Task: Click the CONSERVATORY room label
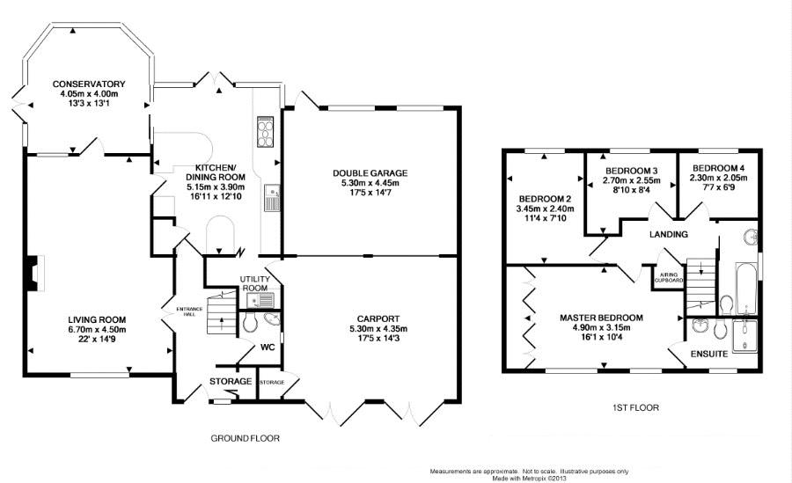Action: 89,84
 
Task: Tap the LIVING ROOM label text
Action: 97,320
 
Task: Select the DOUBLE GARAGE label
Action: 370,173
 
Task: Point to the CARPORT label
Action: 378,318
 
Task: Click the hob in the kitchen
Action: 265,131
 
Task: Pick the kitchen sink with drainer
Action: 272,197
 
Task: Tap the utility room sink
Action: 260,300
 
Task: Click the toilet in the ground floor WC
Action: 250,322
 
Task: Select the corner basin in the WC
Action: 274,318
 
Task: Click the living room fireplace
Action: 34,273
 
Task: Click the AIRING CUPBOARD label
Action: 669,277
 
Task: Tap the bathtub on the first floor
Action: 746,288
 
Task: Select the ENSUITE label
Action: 709,355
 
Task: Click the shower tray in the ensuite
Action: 745,334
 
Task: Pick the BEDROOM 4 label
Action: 718,168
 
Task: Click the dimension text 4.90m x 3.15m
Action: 601,327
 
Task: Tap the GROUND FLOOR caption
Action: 245,438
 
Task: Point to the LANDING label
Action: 668,234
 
